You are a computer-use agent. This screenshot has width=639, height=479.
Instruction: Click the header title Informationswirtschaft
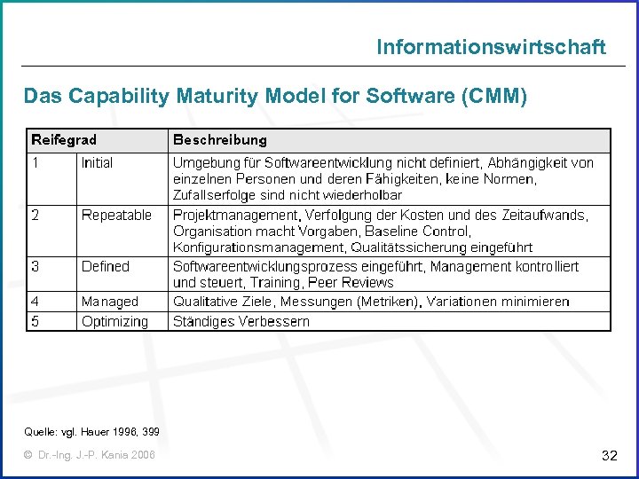[x=491, y=46]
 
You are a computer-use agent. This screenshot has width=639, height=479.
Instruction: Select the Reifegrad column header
[x=64, y=140]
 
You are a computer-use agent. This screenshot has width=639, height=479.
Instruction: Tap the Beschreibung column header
[x=219, y=140]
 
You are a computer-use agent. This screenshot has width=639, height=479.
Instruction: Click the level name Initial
[x=97, y=163]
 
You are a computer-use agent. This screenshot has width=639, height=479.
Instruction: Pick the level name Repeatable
[x=116, y=215]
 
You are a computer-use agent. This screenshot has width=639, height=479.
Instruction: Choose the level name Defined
[x=105, y=266]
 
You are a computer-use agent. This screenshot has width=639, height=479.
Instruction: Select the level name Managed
[x=110, y=302]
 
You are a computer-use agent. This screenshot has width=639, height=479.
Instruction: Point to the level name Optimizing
[x=114, y=321]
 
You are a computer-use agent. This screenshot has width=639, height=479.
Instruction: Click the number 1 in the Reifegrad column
[x=35, y=163]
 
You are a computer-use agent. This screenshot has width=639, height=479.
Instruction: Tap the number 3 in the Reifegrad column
[x=35, y=266]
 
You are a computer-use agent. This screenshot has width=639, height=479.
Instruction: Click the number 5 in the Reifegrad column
[x=35, y=321]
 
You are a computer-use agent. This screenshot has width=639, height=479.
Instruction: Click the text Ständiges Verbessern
[x=241, y=321]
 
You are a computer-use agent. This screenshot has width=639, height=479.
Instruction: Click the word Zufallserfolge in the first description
[x=210, y=195]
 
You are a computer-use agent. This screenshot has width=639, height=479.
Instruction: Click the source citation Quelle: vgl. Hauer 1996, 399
[x=92, y=432]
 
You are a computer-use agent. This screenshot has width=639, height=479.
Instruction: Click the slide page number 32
[x=609, y=456]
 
